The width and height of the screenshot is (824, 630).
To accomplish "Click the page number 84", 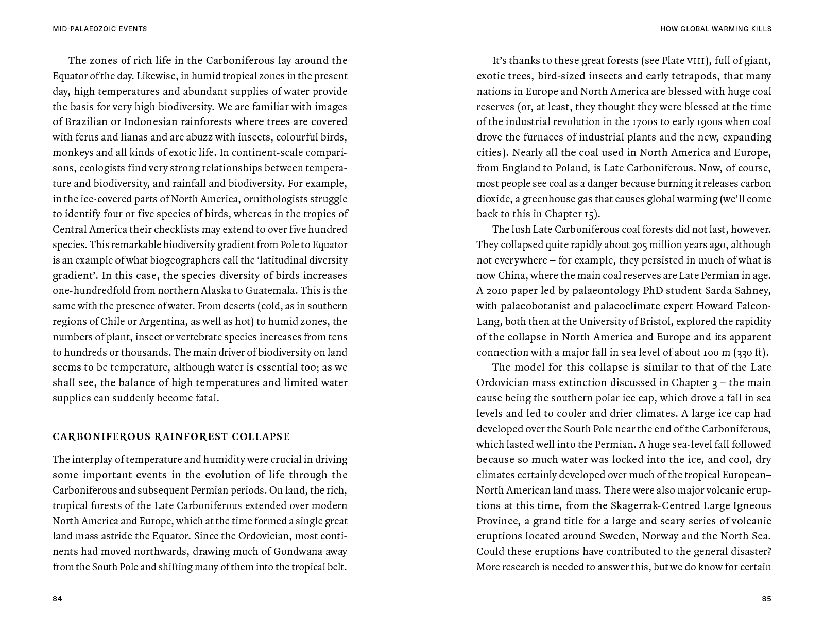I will [57, 599].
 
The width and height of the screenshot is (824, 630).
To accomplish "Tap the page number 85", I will [766, 599].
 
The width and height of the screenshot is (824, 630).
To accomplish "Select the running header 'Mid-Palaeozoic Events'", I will [100, 29].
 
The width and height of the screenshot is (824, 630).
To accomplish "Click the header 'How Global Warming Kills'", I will [716, 29].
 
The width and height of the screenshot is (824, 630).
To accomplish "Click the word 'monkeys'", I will [71, 153].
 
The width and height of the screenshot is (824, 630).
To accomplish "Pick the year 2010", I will [499, 291].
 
